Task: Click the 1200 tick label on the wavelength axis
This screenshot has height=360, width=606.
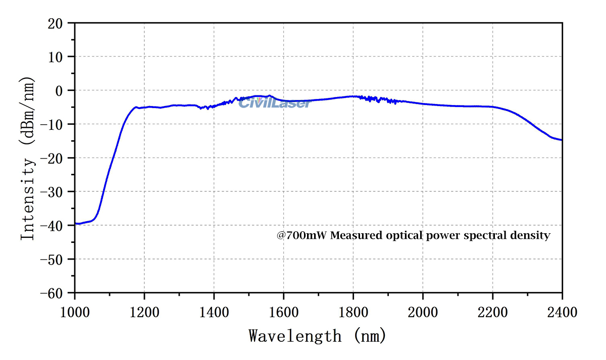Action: (x=144, y=313)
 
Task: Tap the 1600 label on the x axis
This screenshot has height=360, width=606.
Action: (x=283, y=313)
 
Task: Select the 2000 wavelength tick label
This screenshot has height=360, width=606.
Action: (x=423, y=313)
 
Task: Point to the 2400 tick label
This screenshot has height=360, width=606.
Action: (x=562, y=313)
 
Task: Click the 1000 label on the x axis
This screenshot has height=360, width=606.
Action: (x=75, y=313)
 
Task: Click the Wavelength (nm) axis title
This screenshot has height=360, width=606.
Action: (x=317, y=335)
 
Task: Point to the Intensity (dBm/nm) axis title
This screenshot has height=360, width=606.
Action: (x=28, y=158)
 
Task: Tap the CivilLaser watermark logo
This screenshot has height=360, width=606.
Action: (x=274, y=103)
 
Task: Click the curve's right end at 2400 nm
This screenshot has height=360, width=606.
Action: (x=561, y=140)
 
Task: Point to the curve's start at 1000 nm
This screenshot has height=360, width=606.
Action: (x=75, y=223)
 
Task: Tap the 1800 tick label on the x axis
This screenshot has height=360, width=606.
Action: (x=353, y=313)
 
